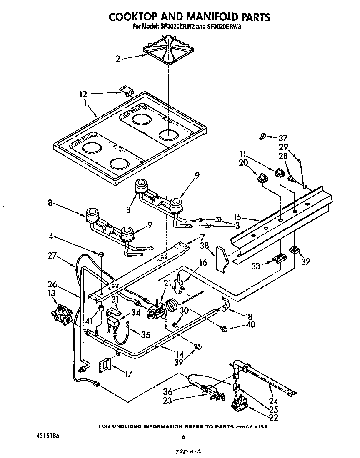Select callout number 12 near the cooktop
83,94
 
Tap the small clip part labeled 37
263,136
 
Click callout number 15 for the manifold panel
237,217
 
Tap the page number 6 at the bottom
182,437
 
